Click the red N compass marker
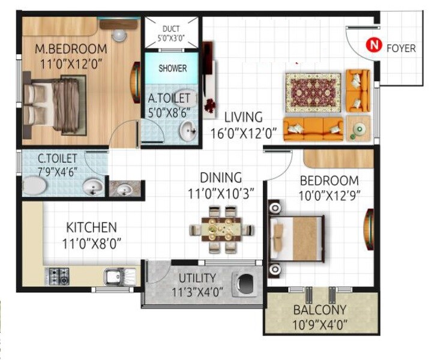pos(375,45)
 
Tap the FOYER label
pos(400,48)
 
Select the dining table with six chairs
pos(219,229)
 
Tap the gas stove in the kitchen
pos(58,275)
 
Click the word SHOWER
pos(172,68)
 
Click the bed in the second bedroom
pos(298,239)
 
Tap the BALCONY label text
pos(320,310)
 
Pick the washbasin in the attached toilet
pos(188,129)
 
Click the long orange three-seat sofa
pos(313,128)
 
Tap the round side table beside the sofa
pos(359,130)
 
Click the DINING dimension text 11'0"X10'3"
pos(220,193)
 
